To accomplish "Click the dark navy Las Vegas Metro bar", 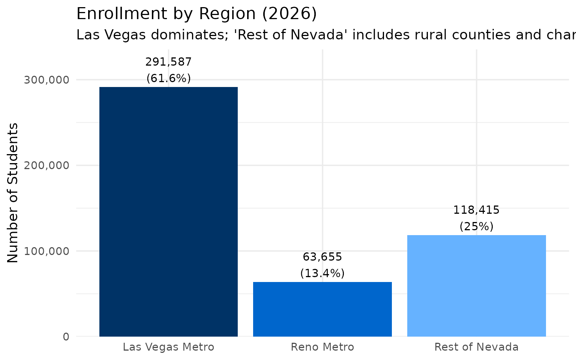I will point(168,211).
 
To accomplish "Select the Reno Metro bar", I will point(322,309).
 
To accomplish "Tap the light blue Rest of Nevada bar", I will point(476,285).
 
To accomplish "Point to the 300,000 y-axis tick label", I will point(46,80).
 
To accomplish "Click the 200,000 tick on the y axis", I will point(46,165).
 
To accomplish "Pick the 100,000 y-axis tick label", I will point(46,251).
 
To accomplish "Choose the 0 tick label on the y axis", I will point(66,337).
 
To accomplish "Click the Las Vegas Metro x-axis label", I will point(168,347).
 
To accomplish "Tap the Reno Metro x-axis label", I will point(322,347).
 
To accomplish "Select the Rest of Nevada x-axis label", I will point(476,347).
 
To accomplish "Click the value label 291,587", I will point(168,62).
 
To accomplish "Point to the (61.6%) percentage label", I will point(168,78).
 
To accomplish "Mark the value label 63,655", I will point(322,257).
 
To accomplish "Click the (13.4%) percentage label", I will point(322,273).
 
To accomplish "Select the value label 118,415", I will point(476,210).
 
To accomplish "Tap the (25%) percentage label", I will point(476,226).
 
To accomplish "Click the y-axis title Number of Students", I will point(13,193).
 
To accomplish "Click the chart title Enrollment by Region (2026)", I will point(196,14).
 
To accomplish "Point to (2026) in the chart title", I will point(289,14).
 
